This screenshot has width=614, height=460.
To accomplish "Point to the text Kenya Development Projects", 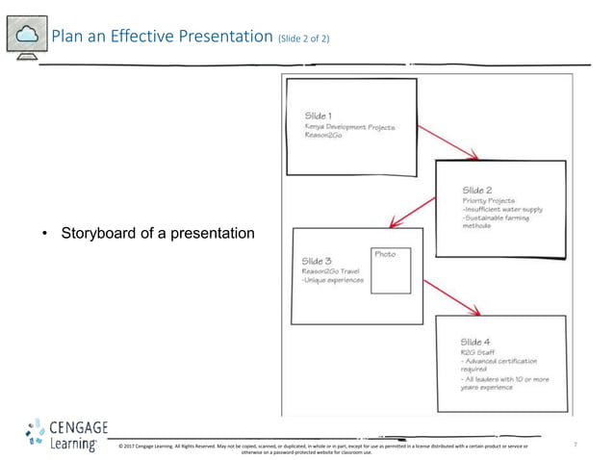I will (349, 127).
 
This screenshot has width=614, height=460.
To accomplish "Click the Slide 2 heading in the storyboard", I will (478, 190).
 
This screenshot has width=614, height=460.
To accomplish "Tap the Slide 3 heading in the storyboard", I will (318, 261).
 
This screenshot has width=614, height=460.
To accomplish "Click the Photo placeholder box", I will (391, 270).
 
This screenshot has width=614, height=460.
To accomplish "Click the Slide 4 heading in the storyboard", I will (476, 342).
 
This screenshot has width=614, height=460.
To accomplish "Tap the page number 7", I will (575, 445).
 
